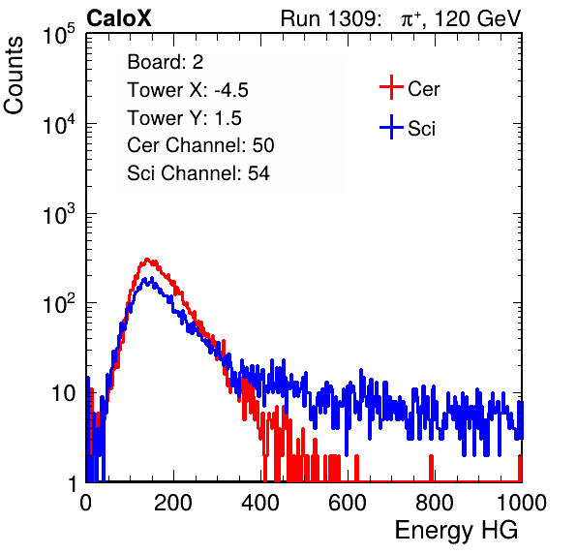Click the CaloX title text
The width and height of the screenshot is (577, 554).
[x=119, y=18]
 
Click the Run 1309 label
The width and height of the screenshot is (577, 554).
[x=330, y=18]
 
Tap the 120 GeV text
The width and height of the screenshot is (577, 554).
[x=477, y=18]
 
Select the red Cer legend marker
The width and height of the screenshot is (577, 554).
[x=391, y=87]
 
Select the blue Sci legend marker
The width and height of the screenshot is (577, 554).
[x=391, y=127]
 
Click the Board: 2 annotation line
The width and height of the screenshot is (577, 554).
[x=166, y=62]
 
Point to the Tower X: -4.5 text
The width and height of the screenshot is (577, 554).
[x=188, y=90]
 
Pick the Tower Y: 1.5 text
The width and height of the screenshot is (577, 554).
[x=184, y=118]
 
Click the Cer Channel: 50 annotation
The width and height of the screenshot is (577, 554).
[x=200, y=145]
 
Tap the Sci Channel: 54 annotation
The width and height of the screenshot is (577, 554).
[x=198, y=173]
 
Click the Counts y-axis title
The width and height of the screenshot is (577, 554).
[x=14, y=76]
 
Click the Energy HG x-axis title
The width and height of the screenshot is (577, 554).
[x=456, y=531]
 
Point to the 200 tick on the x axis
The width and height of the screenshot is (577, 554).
[x=173, y=503]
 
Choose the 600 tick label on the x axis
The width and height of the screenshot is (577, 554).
[x=348, y=503]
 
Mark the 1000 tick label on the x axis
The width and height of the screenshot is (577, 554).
[x=522, y=503]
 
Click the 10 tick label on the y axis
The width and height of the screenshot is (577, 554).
[x=63, y=393]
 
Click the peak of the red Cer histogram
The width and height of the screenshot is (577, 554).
[x=147, y=259]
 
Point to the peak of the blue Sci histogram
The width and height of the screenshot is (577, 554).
[x=144, y=279]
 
